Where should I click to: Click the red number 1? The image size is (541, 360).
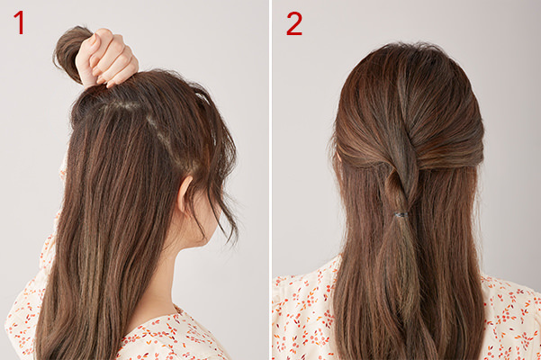[x=19, y=22]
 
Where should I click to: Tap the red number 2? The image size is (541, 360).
[x=294, y=23]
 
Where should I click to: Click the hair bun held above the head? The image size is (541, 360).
[x=71, y=51]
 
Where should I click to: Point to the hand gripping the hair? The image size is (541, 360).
[x=105, y=58]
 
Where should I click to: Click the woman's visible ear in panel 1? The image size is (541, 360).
[x=185, y=194]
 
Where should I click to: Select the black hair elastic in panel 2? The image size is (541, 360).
[x=401, y=215]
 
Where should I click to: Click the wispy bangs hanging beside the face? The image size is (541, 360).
[x=221, y=193]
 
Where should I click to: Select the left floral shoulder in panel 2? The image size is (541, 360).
[x=303, y=310]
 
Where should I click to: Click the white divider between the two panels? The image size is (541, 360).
[x=271, y=180]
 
